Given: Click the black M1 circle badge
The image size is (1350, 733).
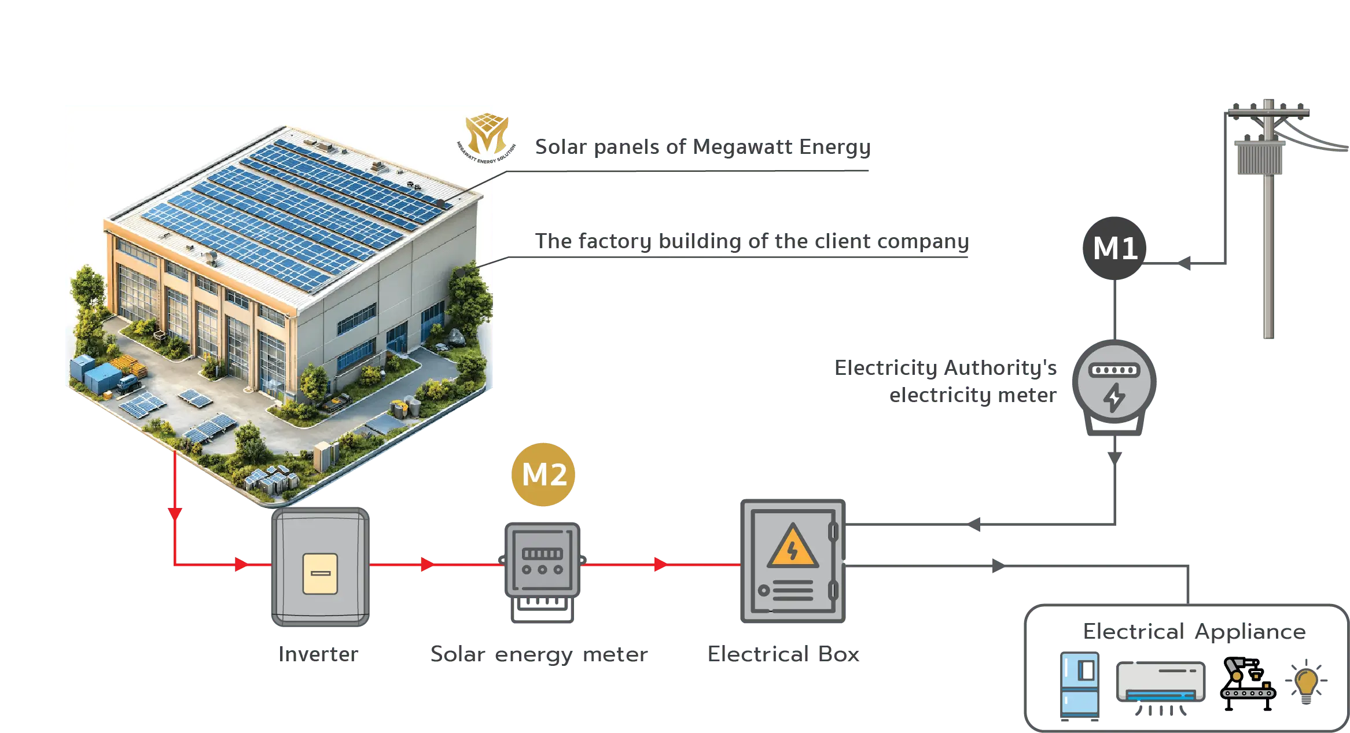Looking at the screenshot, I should (1114, 248).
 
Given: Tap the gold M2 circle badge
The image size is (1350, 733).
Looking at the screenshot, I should (543, 474).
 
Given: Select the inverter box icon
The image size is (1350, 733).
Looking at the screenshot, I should (321, 568).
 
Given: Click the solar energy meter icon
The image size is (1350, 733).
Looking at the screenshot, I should (542, 561).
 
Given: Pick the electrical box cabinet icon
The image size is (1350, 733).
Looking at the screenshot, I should (793, 561).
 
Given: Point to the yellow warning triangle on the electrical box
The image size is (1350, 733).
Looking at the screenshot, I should (792, 547).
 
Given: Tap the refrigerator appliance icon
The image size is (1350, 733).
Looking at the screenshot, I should (1080, 686).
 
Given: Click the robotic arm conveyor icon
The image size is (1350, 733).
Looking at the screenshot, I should (1247, 684).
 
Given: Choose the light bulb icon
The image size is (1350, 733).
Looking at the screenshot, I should (1306, 683).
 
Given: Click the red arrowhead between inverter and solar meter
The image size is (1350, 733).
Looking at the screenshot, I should (428, 564).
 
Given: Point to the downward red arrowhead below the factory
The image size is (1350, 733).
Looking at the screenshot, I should (175, 513).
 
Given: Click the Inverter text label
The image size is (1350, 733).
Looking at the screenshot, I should (319, 653).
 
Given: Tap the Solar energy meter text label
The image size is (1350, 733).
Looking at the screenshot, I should (538, 654).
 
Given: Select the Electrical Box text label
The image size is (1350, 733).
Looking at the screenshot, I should (784, 653).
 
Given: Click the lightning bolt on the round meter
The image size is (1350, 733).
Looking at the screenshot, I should (1114, 398).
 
